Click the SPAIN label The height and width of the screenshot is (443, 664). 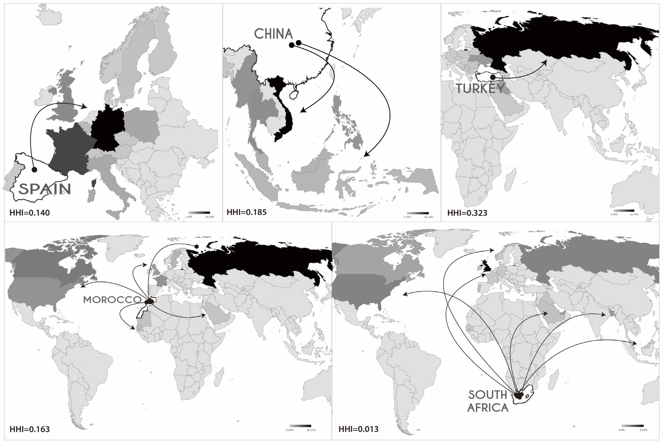click(x=45, y=189)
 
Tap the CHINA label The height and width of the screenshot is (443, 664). click(x=273, y=34)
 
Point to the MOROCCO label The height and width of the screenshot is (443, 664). click(x=112, y=300)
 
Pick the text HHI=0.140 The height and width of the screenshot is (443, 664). click(x=30, y=213)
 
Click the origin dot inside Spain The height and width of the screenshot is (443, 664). click(x=35, y=169)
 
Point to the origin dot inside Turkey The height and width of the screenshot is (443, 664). click(x=493, y=77)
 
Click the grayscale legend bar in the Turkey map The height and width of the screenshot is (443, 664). click(x=624, y=210)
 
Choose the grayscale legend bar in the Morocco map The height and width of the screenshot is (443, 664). click(x=300, y=426)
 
